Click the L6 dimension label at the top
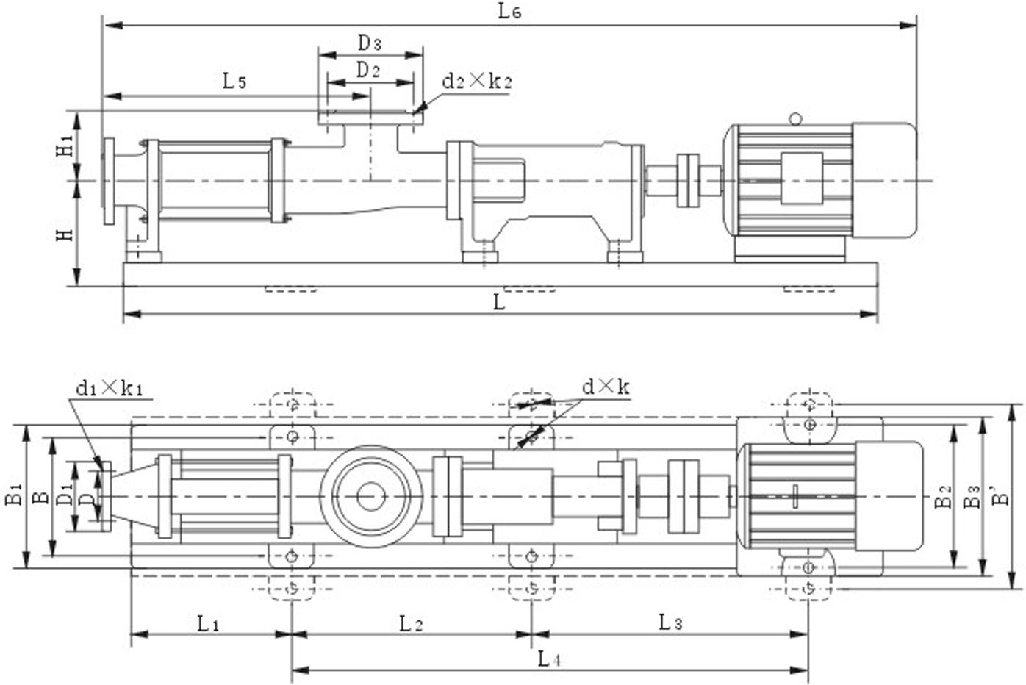pos(509,11)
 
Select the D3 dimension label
pos(370,43)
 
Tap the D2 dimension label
pos(367,71)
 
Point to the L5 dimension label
pos(234,81)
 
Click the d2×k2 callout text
pos(476,81)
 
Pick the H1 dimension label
pos(66,145)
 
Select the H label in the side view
pos(66,234)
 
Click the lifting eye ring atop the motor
pos(794,118)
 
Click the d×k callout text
pos(606,386)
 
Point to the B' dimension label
pos(1001,498)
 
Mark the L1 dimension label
pos(208,624)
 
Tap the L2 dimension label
pos(411,624)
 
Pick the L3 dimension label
pos(670,623)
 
